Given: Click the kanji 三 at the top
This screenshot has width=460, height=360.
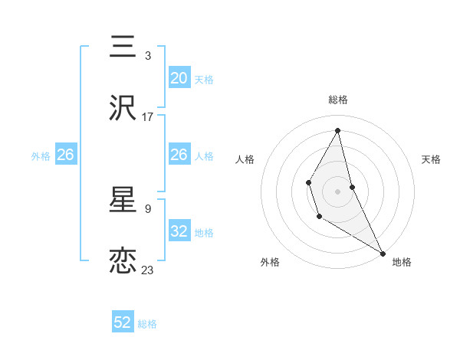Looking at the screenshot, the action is (x=123, y=47).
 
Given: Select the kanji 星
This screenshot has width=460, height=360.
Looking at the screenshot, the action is (x=123, y=201).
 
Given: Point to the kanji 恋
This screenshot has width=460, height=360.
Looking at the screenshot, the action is (x=123, y=261).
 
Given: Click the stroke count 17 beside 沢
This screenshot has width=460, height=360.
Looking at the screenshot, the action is (x=148, y=117).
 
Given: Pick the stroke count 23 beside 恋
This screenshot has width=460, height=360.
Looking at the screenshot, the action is (x=148, y=270).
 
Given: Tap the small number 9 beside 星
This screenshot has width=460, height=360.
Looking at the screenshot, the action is (x=147, y=208).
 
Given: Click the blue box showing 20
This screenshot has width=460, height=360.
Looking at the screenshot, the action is (x=179, y=78).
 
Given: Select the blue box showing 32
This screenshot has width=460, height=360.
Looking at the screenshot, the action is (x=179, y=231).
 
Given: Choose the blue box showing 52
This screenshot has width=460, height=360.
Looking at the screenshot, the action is (x=123, y=322).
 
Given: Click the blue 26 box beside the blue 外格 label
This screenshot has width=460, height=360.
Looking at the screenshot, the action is (x=65, y=155).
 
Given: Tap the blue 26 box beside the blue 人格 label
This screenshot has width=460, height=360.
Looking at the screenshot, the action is (x=179, y=155).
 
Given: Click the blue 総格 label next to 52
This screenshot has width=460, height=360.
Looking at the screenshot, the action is (x=147, y=324).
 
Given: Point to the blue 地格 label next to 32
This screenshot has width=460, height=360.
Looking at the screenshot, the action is (x=204, y=233).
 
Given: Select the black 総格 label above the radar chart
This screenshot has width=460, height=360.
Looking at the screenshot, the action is (x=338, y=100).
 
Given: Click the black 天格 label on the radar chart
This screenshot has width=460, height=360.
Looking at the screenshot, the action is (x=431, y=159).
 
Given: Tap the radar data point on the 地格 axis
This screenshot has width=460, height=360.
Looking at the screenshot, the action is (x=383, y=253).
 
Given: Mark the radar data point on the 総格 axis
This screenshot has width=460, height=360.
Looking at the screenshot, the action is (x=338, y=130).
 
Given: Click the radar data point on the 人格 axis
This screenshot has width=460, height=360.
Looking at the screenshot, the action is (x=308, y=182).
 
